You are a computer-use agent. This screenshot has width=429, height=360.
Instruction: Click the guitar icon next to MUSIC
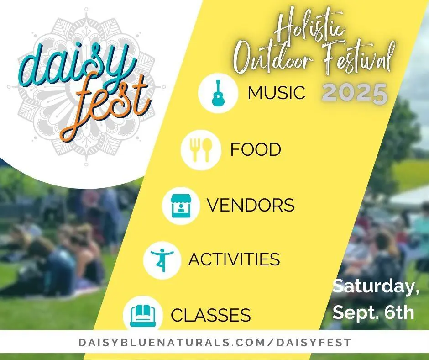click(x=218, y=93)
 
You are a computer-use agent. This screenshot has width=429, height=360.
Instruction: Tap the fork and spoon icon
click(x=201, y=149)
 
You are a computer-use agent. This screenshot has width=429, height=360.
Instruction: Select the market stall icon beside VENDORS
click(x=181, y=206)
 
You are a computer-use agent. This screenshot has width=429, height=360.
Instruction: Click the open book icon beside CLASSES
click(x=143, y=315)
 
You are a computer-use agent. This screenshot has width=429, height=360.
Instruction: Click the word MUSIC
click(x=276, y=93)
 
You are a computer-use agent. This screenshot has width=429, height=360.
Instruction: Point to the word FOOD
click(x=256, y=149)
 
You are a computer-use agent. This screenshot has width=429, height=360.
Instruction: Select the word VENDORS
click(x=251, y=205)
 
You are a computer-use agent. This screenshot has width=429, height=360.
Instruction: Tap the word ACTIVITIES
click(x=234, y=259)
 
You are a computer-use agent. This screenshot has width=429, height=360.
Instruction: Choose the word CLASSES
click(x=211, y=315)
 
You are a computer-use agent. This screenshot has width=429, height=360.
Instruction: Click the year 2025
click(x=355, y=93)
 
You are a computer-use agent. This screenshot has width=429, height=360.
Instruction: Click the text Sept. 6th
click(x=373, y=312)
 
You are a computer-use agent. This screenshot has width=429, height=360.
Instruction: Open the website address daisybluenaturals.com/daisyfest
click(x=215, y=343)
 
